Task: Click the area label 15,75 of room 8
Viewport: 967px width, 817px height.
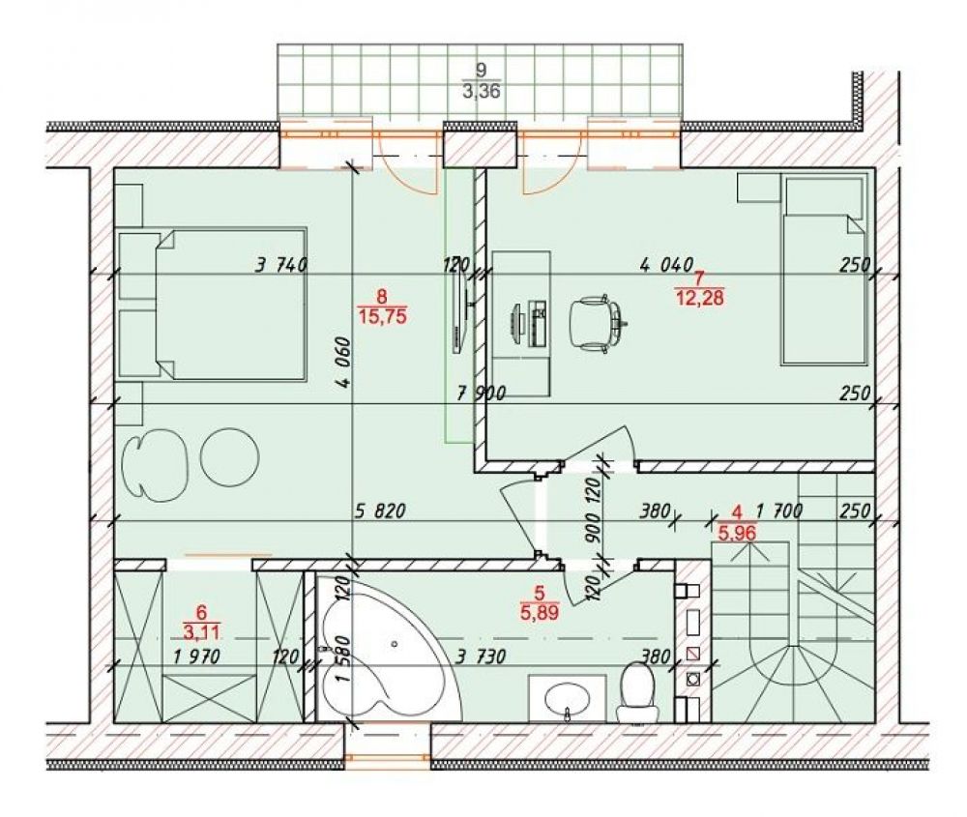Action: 382,317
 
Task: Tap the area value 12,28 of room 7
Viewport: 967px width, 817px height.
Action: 699,299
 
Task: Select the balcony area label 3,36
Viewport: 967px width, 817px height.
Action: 481,92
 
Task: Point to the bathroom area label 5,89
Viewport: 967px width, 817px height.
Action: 539,612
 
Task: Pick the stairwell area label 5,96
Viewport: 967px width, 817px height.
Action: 738,532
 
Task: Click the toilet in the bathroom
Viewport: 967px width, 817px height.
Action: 637,690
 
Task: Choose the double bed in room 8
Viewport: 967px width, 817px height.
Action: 213,305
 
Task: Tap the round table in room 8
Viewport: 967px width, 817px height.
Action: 230,457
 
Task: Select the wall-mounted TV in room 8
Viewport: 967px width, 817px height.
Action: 458,312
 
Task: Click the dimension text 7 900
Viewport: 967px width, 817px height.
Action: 481,393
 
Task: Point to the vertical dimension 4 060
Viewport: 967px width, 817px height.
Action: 344,362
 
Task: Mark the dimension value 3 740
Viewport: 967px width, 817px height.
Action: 281,265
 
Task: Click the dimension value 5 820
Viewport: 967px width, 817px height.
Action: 380,511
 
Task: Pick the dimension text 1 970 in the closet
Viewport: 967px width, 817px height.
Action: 196,657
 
